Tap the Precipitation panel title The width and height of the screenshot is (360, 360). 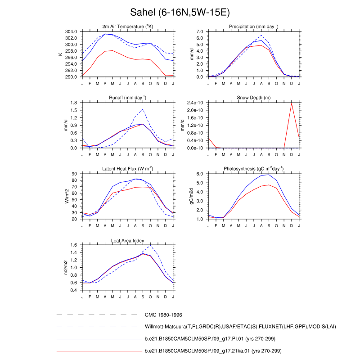(x=253, y=27)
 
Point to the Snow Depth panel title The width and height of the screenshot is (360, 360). (x=253, y=98)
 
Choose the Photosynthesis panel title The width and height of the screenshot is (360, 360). (x=253, y=169)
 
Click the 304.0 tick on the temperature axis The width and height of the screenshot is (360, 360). (x=72, y=32)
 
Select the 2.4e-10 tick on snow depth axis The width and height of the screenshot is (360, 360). (x=195, y=103)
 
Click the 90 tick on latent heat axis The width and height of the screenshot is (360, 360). (x=75, y=174)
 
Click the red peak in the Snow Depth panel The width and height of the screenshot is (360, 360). (x=292, y=103)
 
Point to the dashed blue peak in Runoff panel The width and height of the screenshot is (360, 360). (x=143, y=109)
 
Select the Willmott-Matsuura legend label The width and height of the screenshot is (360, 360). (x=240, y=326)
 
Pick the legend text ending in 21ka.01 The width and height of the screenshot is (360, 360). (x=213, y=350)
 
